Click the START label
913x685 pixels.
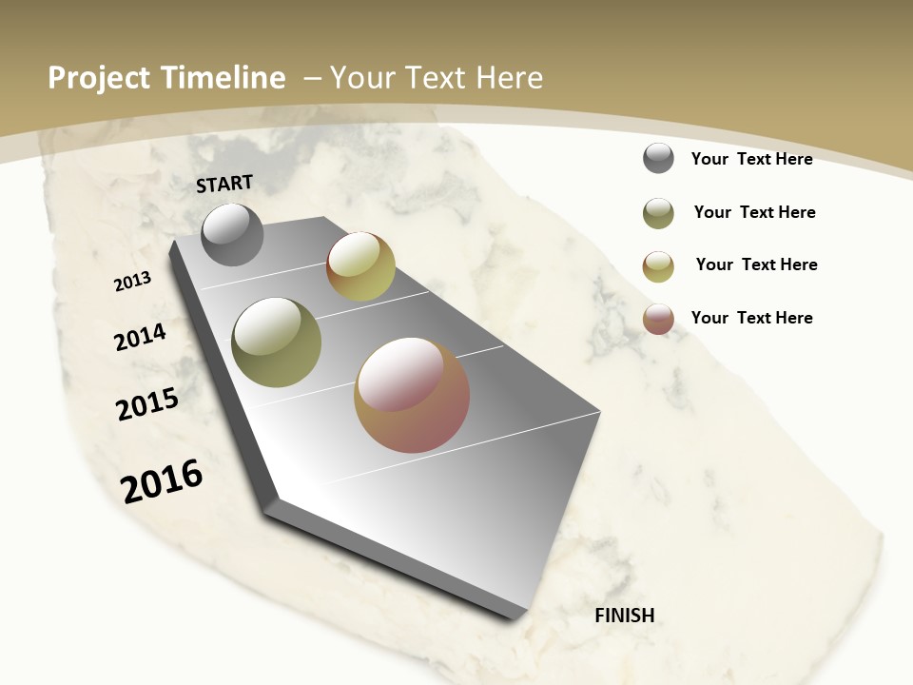point(224,184)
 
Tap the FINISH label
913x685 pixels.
point(625,616)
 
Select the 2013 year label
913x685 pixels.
point(133,281)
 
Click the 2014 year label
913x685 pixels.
point(141,337)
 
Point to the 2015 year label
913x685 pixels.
point(147,404)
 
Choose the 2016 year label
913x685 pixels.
point(162,481)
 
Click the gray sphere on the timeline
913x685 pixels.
point(232,234)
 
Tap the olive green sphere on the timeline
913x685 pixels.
point(276,342)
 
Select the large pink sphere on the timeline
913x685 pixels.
point(412,395)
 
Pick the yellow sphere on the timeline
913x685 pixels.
point(360,266)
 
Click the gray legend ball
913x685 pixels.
point(658,158)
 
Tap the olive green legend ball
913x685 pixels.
point(658,213)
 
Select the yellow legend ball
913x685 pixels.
point(658,266)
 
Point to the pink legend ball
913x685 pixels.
point(658,319)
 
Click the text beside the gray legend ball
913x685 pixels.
point(751,159)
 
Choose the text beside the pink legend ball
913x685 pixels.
point(751,318)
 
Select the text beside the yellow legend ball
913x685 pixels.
point(756,264)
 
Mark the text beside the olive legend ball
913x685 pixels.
point(754,212)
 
